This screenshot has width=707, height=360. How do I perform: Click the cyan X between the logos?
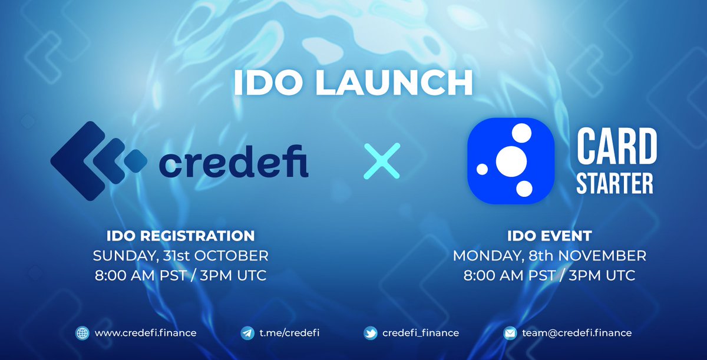point(381,160)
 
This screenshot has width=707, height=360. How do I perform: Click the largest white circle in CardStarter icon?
point(510,160)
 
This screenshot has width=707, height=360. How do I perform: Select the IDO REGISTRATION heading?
point(180,236)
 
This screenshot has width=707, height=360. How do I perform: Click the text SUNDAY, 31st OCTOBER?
point(180,256)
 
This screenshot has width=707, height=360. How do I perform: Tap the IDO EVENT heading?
point(549,236)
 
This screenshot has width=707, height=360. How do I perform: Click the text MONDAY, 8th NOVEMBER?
point(549,256)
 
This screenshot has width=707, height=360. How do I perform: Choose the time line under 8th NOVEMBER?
point(549,275)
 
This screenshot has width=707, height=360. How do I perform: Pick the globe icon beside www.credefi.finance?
point(81,333)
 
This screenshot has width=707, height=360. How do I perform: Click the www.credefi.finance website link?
point(145,333)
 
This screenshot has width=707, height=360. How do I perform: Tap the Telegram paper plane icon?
point(247,333)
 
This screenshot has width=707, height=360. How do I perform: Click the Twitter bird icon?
point(370,333)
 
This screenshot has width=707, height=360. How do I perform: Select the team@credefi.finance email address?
point(576,333)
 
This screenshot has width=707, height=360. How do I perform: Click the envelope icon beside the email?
point(510,333)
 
